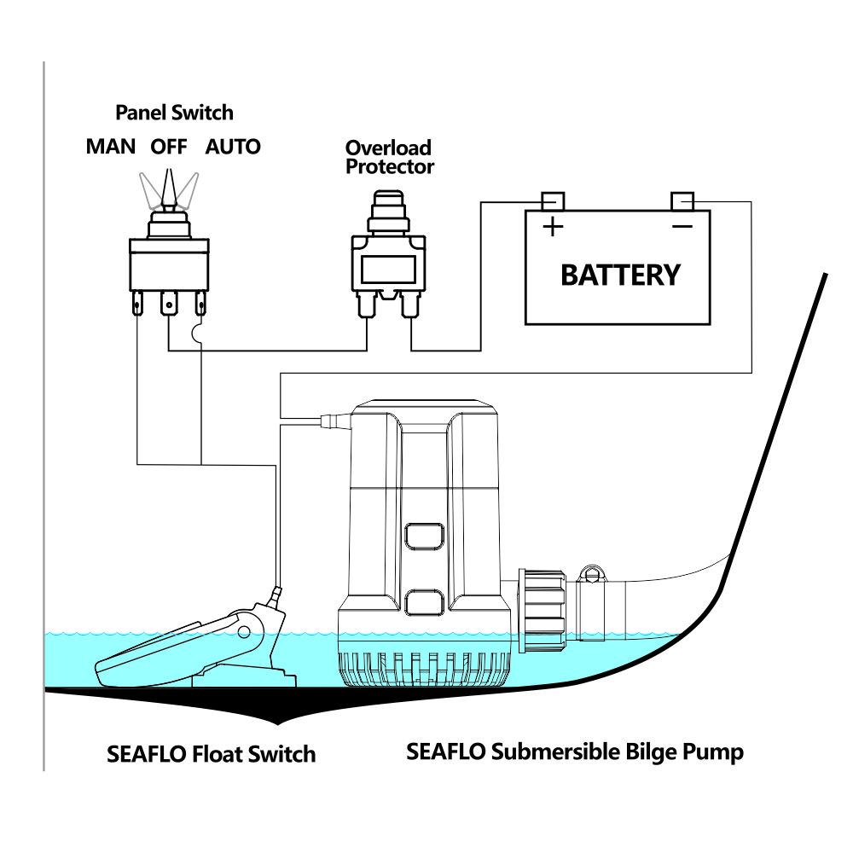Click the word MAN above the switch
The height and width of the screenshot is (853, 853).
[x=110, y=147]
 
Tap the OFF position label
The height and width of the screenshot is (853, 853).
[x=169, y=147]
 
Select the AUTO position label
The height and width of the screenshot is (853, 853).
[x=233, y=147]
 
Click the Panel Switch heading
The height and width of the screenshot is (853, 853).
[x=174, y=113]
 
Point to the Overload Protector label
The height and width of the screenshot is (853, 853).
[x=389, y=157]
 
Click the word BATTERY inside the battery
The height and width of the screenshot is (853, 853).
[x=620, y=276]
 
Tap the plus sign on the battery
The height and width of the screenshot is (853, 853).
[x=554, y=227]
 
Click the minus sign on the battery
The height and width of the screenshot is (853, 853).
[x=682, y=226]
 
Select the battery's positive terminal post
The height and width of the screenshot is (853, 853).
[x=553, y=201]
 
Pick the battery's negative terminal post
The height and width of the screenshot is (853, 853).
[x=682, y=201]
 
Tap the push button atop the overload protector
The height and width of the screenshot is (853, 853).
[x=388, y=206]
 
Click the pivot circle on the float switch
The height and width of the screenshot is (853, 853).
[x=245, y=632]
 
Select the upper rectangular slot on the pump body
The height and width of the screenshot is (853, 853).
[x=424, y=536]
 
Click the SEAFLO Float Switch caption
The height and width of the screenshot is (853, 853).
[x=211, y=754]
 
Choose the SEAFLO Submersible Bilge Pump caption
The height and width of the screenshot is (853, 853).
[x=574, y=751]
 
